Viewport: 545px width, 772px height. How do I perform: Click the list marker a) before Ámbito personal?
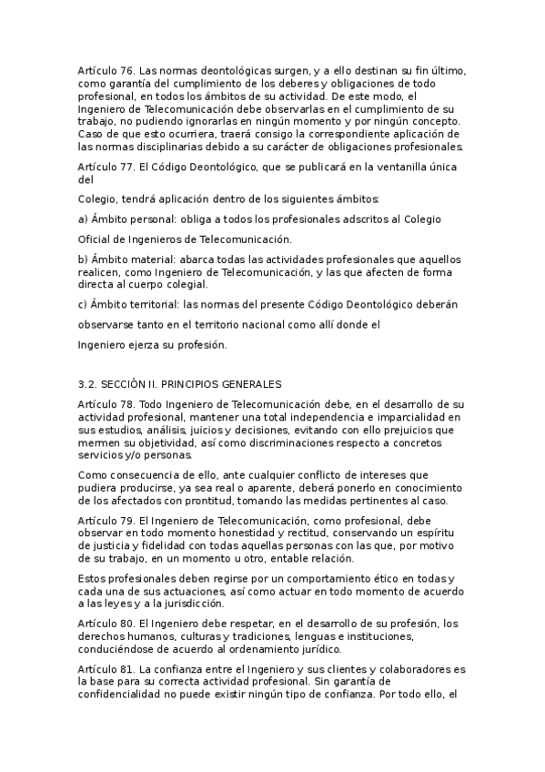pos(84,219)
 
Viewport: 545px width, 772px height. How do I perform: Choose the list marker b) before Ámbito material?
pos(84,260)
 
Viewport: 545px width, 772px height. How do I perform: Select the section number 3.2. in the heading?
pos(91,385)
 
